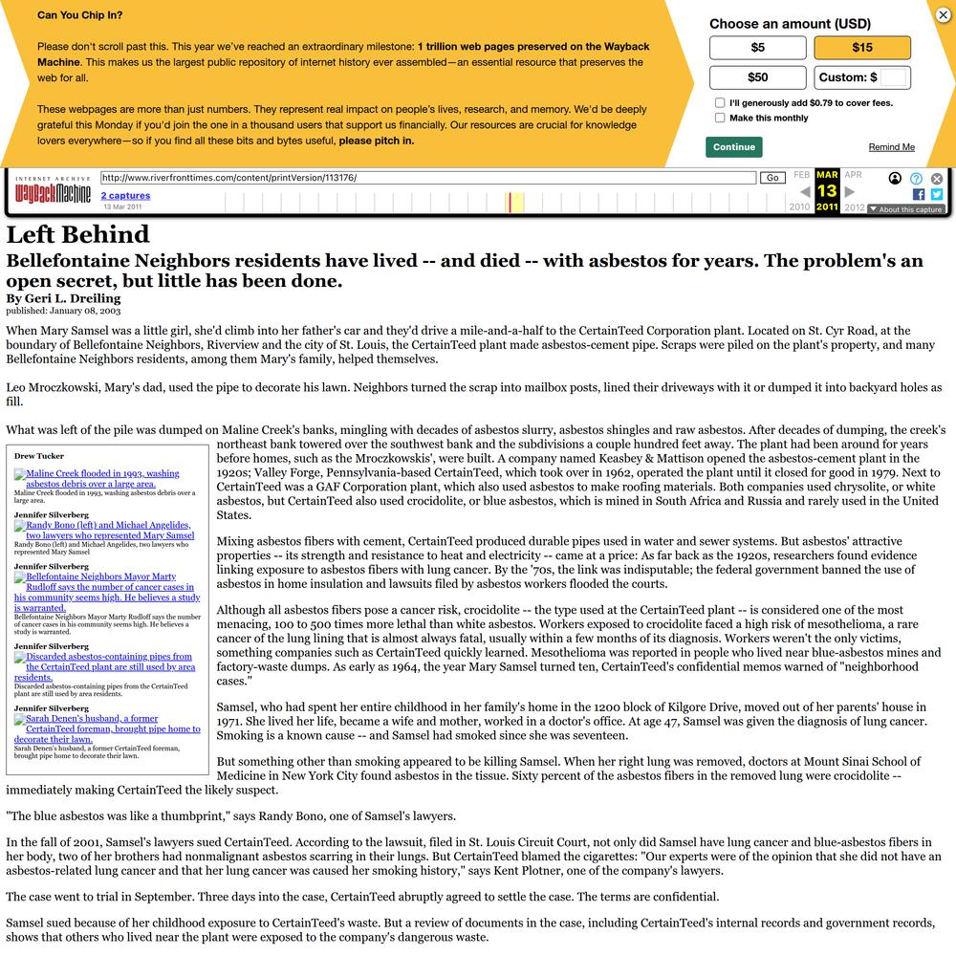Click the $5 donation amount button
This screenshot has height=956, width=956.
tap(757, 48)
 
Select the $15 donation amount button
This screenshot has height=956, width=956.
tap(862, 48)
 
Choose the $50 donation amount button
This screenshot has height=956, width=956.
tap(757, 77)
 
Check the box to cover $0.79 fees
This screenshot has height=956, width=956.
tap(720, 102)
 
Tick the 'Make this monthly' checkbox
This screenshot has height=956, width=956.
tap(720, 118)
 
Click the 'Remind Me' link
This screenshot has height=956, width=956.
tap(891, 147)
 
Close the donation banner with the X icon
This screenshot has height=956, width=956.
tap(943, 14)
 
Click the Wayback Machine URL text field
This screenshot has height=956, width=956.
tap(427, 178)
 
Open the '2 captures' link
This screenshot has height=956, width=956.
tap(125, 195)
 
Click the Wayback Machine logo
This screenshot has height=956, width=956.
tap(53, 194)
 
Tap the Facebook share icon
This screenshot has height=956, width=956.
tap(919, 194)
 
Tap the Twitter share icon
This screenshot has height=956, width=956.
tap(937, 194)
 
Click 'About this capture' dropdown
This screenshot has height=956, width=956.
tap(905, 209)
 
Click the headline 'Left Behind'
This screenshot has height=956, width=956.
tap(77, 234)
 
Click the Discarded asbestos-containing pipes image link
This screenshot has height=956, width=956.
tap(103, 666)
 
